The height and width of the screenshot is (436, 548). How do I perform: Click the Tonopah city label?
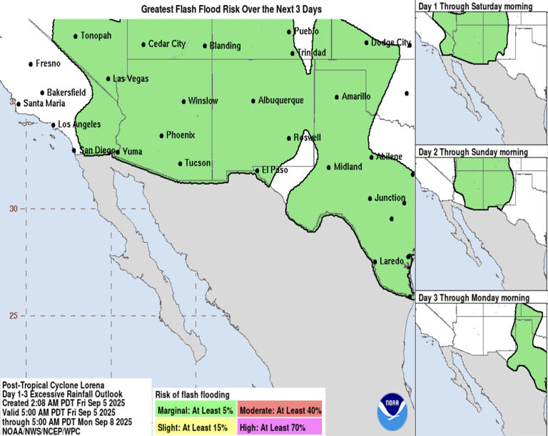coord(96,36)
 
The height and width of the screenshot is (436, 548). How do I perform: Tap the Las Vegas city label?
coord(131,79)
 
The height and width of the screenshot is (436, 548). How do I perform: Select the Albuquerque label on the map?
coord(280,100)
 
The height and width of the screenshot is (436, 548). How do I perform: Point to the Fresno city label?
coord(48,63)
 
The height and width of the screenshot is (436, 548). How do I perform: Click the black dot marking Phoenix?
coord(161,135)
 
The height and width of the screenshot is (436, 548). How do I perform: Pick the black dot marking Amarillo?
coord(337,97)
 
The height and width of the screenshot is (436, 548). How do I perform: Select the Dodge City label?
coord(391,43)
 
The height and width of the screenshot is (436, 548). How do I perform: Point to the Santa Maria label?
coord(44,103)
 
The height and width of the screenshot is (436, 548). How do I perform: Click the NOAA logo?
coord(395,410)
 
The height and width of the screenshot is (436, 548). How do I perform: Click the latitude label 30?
coord(13,209)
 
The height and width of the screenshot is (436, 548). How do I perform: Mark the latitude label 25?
coord(13,316)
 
